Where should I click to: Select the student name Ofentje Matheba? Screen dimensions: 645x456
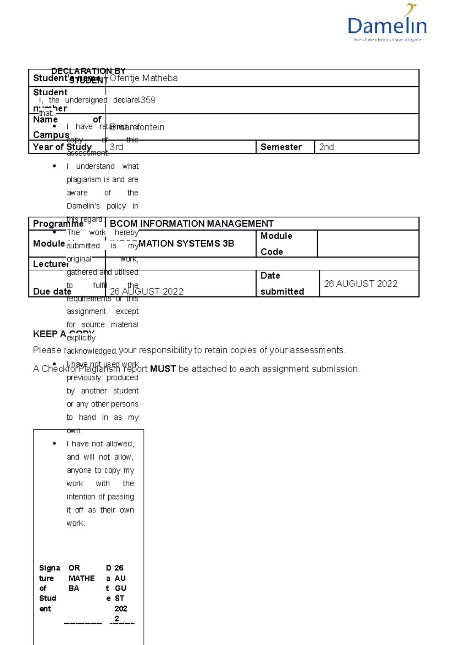tap(144, 78)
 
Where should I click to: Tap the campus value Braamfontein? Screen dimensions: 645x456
tap(137, 127)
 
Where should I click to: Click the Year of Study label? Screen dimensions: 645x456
tap(62, 147)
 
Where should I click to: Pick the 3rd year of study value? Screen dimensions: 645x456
tap(116, 147)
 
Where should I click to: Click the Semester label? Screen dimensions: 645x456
tap(281, 147)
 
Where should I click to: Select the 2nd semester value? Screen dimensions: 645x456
tap(326, 147)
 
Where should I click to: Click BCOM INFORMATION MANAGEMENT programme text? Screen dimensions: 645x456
tap(192, 224)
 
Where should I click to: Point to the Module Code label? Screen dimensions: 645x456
tap(276, 244)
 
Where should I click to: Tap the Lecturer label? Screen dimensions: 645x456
tap(51, 264)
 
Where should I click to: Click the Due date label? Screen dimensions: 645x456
tap(52, 291)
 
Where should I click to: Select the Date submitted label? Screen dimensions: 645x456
tap(282, 283)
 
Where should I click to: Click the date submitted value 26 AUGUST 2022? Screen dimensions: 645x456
tap(361, 284)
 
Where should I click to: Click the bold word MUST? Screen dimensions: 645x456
tap(163, 369)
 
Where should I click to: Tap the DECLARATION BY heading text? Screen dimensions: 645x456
tap(88, 71)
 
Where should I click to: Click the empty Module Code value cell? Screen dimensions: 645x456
tap(368, 244)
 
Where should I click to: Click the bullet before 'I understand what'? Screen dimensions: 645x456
tap(55, 166)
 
